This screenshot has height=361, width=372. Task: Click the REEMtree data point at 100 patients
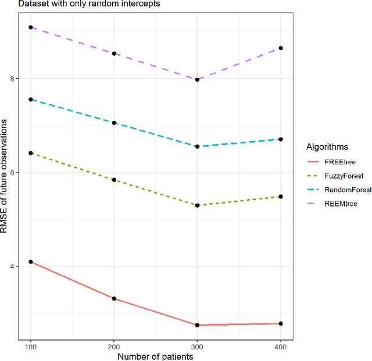point(31,27)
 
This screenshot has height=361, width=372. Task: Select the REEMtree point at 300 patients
point(198,80)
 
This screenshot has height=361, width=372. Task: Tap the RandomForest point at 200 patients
point(115,123)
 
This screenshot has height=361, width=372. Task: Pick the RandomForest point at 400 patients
point(281,139)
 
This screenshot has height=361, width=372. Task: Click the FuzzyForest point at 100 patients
point(31,153)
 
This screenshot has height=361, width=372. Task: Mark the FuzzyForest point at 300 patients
point(198,205)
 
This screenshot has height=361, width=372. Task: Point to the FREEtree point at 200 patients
point(115,299)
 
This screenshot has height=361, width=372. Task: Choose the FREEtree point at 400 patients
point(281,324)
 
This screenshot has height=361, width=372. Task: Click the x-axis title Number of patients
point(155,355)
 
